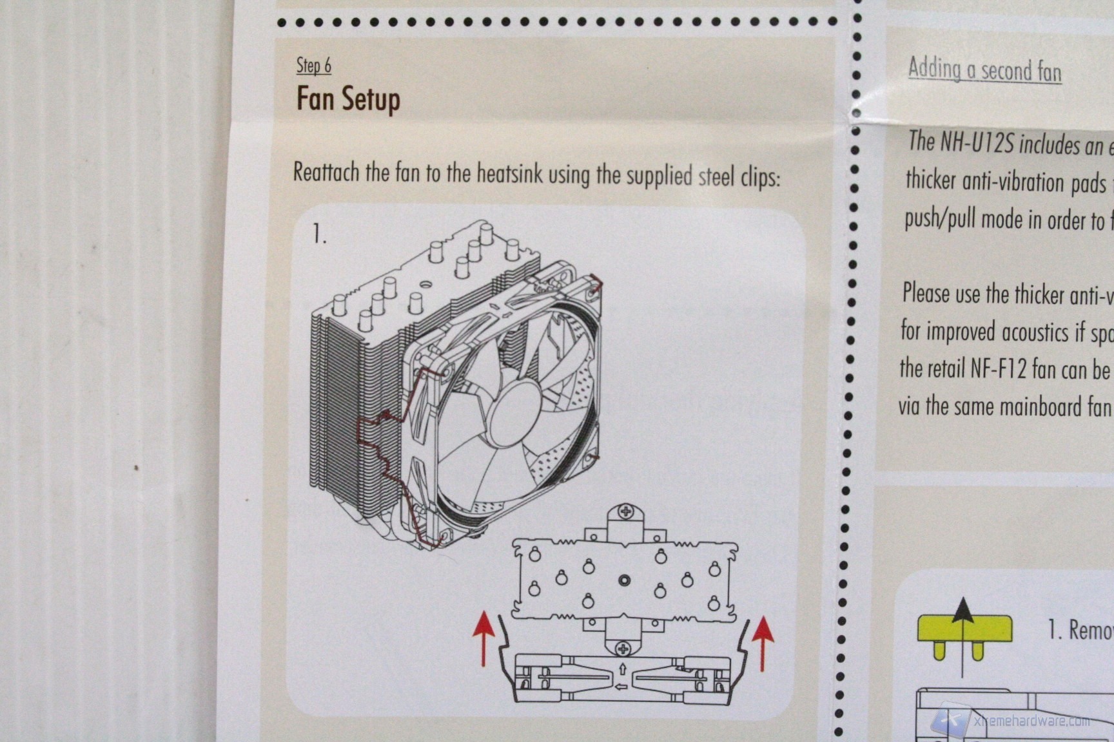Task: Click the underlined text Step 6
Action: point(313,66)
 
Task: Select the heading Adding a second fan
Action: point(984,70)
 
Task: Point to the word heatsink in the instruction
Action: point(509,174)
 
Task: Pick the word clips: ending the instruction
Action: point(760,176)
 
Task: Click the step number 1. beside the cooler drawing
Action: point(319,234)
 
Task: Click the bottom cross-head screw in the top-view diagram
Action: point(623,648)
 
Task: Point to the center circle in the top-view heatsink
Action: point(624,581)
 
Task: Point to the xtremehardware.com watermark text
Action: point(1031,721)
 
